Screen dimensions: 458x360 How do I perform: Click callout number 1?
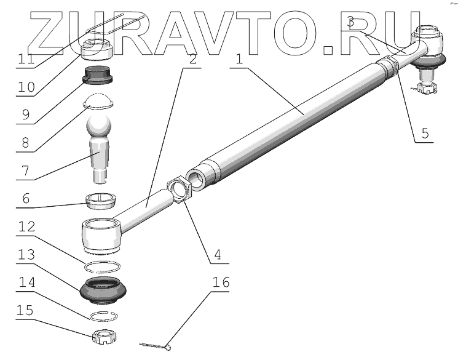click(x=239, y=59)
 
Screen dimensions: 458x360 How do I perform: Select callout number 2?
click(x=193, y=59)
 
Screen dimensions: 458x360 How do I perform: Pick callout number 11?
click(x=25, y=59)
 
